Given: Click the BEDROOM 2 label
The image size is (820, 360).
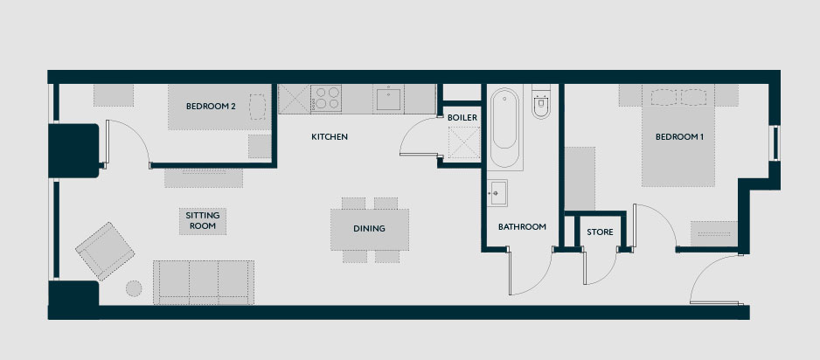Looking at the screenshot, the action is [x=211, y=107].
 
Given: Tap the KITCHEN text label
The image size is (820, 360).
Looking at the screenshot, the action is [x=330, y=137].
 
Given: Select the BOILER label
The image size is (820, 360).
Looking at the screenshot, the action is [x=462, y=118].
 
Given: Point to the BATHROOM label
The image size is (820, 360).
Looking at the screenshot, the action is [x=522, y=227].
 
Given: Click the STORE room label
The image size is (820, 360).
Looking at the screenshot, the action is [x=600, y=232].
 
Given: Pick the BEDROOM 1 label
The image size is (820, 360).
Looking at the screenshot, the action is [x=679, y=137].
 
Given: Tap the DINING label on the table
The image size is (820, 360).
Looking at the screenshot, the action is [x=369, y=228].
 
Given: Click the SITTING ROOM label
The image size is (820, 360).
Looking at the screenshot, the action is [x=203, y=220].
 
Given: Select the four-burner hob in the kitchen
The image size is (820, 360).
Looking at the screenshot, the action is [x=326, y=98].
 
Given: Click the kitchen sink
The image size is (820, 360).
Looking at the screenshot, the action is [x=388, y=99].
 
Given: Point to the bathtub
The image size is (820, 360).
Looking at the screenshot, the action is [x=504, y=128].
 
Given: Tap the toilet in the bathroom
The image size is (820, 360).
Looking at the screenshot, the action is [x=541, y=102].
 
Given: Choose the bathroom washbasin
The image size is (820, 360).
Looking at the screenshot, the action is [x=497, y=193].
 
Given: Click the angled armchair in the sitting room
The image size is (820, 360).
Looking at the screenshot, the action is [x=105, y=251].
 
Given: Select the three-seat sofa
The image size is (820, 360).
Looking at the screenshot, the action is [x=204, y=283].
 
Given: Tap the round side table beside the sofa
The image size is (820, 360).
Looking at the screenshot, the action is [x=134, y=288].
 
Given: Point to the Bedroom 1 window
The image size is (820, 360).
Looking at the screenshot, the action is [x=776, y=143].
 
